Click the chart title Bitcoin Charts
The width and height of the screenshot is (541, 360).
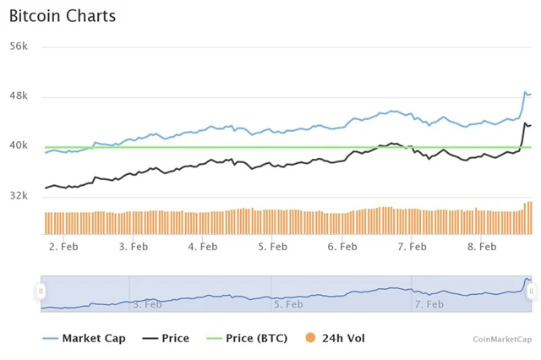(x=63, y=16)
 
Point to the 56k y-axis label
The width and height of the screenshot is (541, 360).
(x=19, y=46)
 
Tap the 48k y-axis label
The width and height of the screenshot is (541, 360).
(x=19, y=96)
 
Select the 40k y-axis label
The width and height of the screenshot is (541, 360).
(x=19, y=145)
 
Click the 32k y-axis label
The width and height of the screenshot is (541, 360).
(x=19, y=195)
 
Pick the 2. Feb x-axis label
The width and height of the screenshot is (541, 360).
(x=64, y=247)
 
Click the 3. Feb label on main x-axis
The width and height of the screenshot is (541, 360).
(x=134, y=247)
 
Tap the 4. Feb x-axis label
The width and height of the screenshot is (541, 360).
(x=203, y=247)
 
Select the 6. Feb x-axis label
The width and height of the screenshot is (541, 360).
(x=342, y=247)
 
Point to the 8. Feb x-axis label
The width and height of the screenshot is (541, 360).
(x=482, y=247)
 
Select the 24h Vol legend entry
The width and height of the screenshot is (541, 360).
(x=342, y=338)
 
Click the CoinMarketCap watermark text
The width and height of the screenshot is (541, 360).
(x=502, y=339)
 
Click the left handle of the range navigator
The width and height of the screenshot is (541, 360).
(x=41, y=292)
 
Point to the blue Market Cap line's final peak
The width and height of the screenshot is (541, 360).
(x=526, y=92)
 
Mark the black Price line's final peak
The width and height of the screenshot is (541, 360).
(x=526, y=123)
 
